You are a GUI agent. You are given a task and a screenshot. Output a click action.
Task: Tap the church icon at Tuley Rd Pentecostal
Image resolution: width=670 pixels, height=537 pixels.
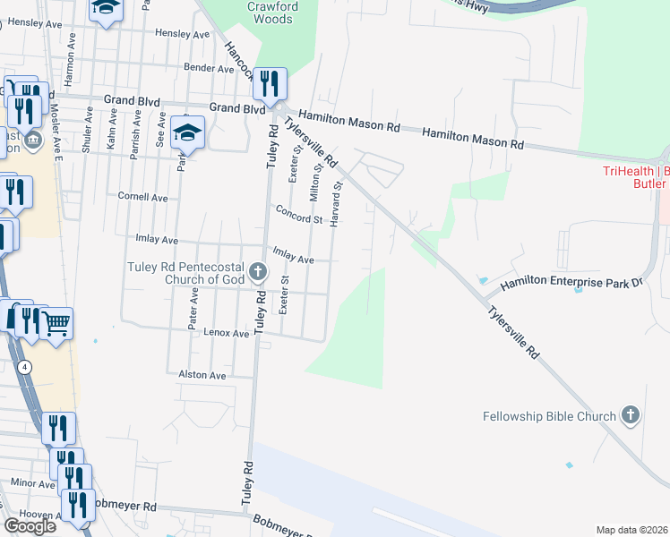click(x=258, y=271)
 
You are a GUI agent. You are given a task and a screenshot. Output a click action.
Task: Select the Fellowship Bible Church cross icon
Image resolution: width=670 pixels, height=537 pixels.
click(x=631, y=415)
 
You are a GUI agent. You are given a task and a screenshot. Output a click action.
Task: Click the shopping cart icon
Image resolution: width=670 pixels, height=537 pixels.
click(x=56, y=323)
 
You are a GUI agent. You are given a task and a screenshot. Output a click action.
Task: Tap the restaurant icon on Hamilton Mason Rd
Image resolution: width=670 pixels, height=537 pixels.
click(x=269, y=84)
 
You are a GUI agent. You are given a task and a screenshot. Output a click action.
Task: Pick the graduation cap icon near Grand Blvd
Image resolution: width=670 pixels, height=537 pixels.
click(x=188, y=133)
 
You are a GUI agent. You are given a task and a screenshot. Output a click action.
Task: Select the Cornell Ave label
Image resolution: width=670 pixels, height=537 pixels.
click(x=143, y=196)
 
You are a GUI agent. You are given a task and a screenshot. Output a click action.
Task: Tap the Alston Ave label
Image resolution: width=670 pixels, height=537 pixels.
click(x=202, y=375)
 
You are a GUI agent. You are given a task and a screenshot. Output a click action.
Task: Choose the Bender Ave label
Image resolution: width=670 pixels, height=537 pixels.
click(x=208, y=68)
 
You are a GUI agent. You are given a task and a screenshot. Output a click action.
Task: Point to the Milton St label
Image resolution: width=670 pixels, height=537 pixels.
click(x=315, y=183)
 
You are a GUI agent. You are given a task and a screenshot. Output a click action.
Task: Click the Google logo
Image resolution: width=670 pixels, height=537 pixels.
click(x=29, y=526)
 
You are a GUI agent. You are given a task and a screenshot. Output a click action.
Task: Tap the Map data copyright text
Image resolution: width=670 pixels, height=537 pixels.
click(x=631, y=530)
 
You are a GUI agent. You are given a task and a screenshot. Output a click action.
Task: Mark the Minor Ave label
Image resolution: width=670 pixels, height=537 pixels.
click(x=33, y=483)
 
